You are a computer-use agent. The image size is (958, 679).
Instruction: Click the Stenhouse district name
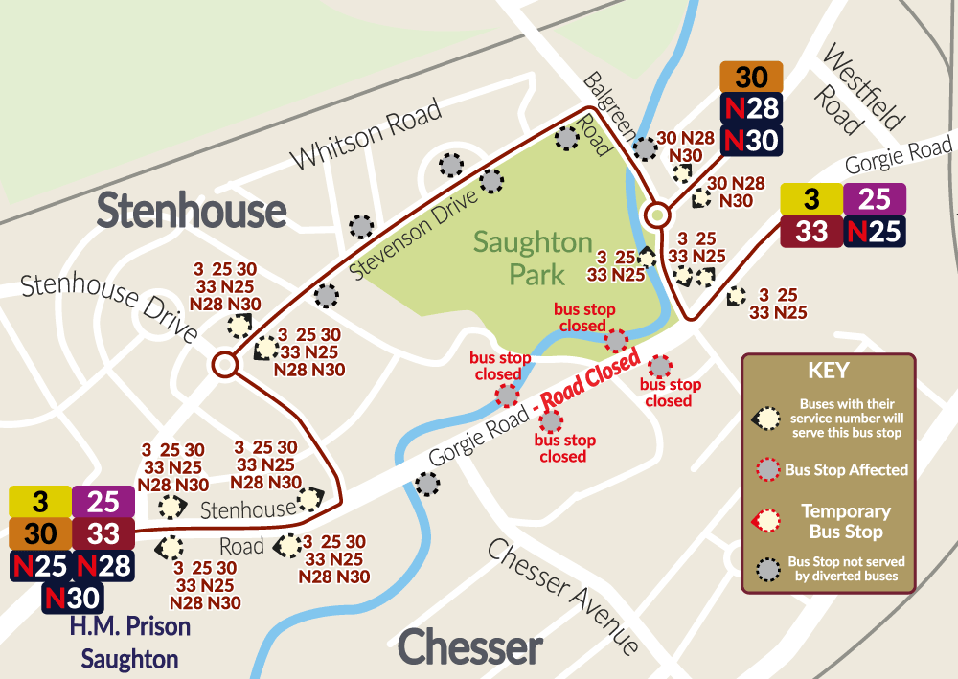point(192,211)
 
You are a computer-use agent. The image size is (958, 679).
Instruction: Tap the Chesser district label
point(469,648)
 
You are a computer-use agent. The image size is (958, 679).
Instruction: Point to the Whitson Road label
point(367,133)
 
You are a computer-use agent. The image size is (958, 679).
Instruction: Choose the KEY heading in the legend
point(829,372)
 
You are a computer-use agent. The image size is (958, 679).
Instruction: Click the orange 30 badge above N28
point(752,77)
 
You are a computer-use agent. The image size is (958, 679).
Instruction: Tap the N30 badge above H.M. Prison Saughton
point(72,599)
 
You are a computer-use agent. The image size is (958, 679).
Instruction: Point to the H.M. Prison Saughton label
point(129,643)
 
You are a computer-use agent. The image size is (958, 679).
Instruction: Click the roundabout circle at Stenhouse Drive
point(225,364)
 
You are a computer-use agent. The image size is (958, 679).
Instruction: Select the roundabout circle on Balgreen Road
point(657,215)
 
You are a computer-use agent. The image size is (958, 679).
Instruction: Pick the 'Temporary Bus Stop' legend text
point(846,521)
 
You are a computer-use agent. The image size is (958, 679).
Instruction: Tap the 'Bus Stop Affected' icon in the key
point(767,469)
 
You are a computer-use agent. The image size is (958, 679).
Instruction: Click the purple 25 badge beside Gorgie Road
point(875,199)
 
